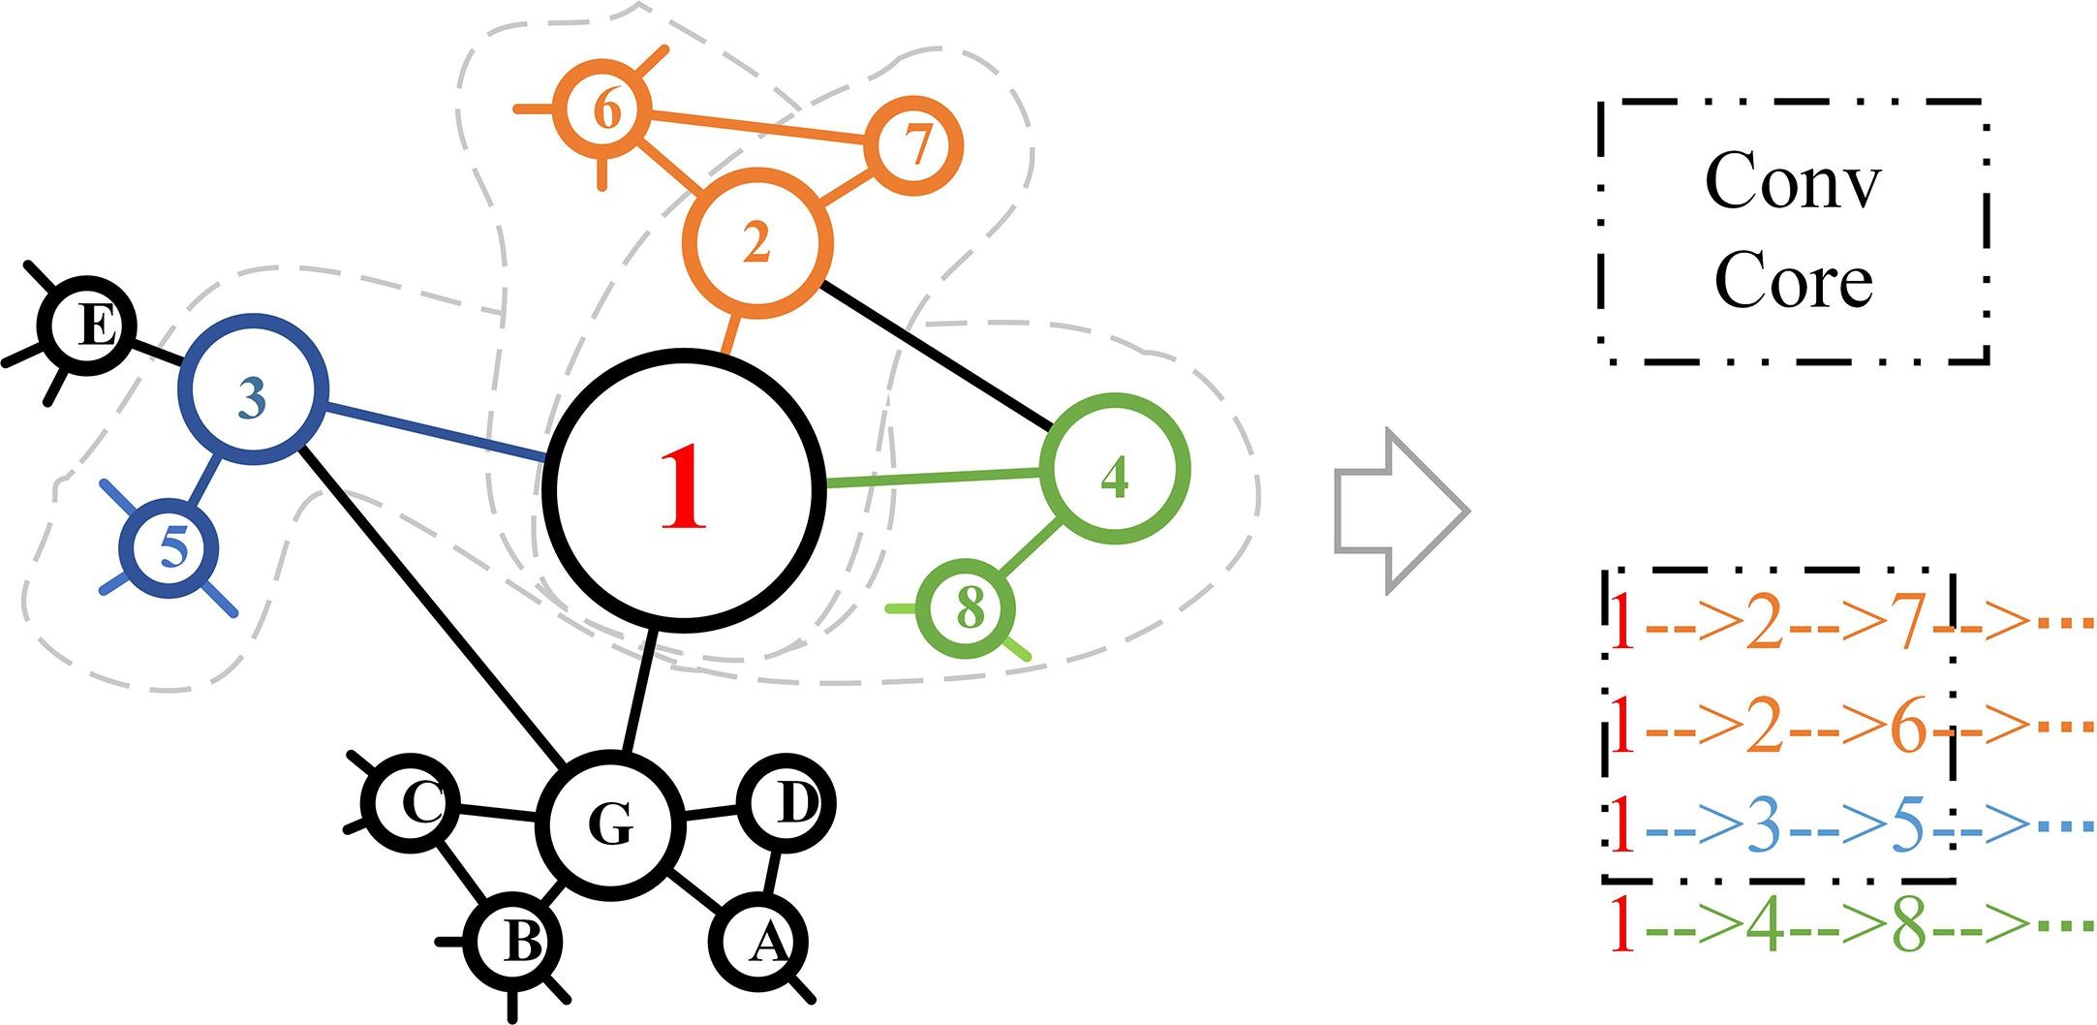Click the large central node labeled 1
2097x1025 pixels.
[685, 490]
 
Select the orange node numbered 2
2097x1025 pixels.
[757, 242]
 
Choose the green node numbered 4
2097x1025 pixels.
[1114, 471]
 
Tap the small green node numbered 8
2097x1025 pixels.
[970, 608]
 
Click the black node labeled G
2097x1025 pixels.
[610, 824]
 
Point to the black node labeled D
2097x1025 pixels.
[786, 804]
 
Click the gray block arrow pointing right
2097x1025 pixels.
[1402, 511]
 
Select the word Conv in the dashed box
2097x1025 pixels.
[1793, 181]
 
